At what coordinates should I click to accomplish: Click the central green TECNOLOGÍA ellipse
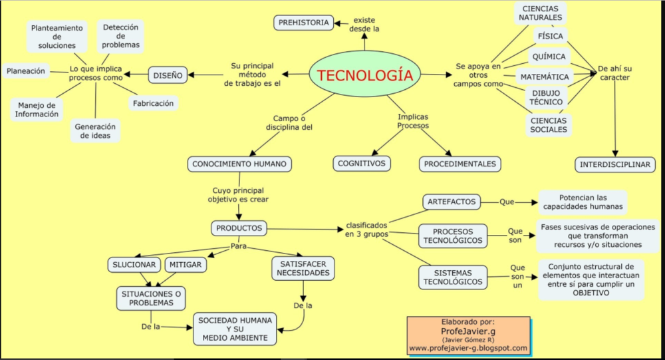click(364, 75)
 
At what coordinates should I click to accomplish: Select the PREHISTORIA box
click(303, 23)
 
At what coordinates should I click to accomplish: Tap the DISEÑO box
click(168, 75)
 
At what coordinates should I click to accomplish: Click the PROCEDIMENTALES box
click(460, 164)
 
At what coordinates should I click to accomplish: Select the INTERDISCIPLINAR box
click(615, 164)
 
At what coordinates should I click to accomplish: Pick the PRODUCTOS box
click(239, 228)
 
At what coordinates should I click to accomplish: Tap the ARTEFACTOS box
click(452, 201)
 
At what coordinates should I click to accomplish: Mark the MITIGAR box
click(186, 264)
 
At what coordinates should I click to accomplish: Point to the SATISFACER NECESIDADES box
click(303, 268)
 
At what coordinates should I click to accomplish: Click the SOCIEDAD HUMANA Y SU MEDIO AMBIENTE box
click(235, 329)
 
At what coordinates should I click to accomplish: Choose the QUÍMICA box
click(549, 57)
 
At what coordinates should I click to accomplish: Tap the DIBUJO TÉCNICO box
click(546, 97)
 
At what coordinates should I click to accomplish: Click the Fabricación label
click(153, 103)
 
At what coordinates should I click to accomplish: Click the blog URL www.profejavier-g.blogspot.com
click(468, 348)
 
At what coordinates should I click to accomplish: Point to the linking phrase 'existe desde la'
click(366, 24)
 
